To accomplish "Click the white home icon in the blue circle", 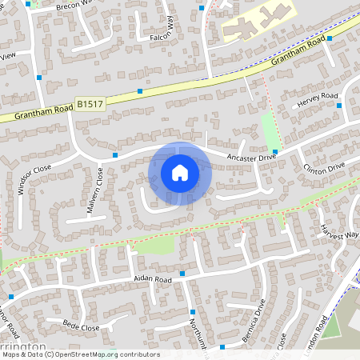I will tap(180, 173).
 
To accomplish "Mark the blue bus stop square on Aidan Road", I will tap(182, 274).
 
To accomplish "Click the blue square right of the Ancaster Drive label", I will tap(274, 151).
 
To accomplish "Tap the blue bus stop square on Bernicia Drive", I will tap(222, 346).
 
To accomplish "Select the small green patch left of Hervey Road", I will tap(270, 126).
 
